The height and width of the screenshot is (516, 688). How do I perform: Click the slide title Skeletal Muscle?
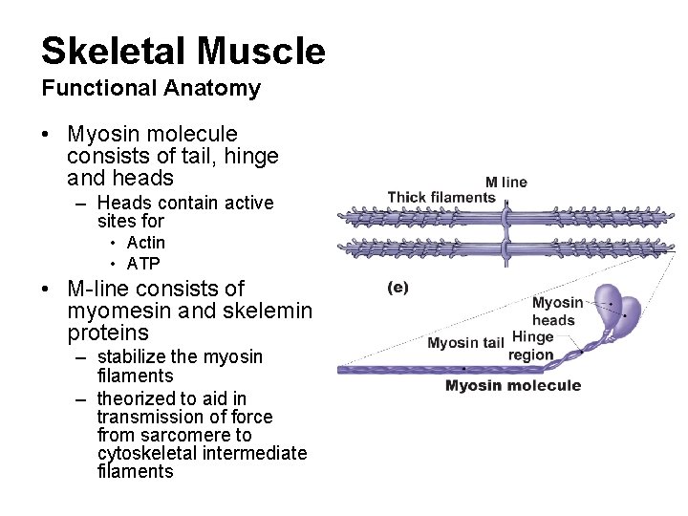(183, 51)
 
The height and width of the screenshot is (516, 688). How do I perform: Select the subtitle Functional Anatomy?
(150, 89)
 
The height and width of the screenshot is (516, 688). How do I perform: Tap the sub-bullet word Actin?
(145, 243)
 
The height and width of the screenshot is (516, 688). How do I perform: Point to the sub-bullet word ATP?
(143, 264)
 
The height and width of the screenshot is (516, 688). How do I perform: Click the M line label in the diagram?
(505, 183)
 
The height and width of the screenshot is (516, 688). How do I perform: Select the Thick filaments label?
(441, 198)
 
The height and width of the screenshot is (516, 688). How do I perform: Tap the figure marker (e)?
(398, 288)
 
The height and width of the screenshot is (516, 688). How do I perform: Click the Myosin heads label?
(556, 312)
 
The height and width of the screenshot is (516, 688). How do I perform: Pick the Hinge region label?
(532, 346)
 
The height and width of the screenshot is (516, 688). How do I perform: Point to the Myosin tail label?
(465, 343)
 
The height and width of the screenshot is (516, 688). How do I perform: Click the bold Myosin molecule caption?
(512, 386)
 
